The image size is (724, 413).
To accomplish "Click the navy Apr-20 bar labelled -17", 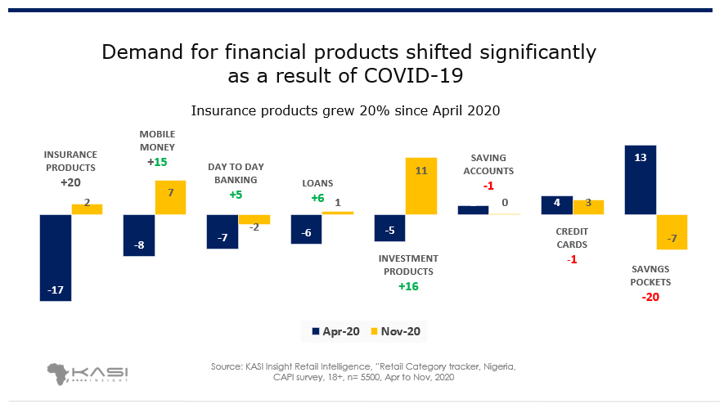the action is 56,258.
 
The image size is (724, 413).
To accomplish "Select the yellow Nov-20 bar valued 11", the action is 421,186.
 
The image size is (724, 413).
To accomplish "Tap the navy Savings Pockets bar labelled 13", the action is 641,180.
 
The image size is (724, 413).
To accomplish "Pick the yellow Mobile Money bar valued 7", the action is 170,197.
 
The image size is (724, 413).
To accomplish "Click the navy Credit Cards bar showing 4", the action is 557,205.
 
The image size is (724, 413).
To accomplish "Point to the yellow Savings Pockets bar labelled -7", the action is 672,232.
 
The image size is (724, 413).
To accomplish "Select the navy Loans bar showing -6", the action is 306,229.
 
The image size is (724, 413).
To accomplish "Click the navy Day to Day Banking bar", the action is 223,231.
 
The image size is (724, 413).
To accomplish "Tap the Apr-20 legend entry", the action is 335,331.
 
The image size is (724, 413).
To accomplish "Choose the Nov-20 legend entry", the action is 396,331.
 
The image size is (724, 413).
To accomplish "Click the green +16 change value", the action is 408,286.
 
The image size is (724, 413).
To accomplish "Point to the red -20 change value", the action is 650,297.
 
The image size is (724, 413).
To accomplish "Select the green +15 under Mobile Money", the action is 157,163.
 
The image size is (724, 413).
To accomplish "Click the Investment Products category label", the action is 408,265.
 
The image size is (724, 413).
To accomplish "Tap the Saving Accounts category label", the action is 488,164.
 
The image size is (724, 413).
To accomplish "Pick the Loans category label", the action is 317,183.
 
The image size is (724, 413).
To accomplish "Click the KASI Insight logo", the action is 88,374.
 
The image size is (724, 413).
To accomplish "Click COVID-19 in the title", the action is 413,76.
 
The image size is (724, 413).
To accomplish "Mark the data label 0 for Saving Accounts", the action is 505,203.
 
